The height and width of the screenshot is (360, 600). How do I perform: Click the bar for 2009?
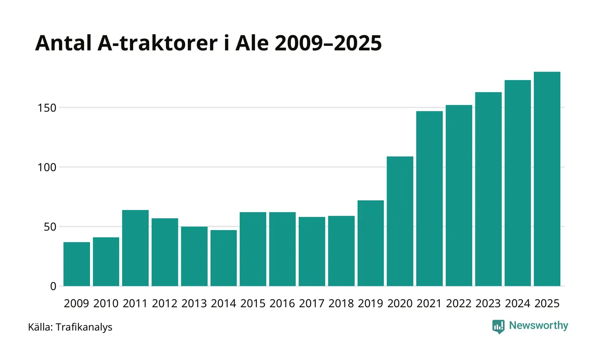pos(77,264)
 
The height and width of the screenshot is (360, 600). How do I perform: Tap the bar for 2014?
pos(224,258)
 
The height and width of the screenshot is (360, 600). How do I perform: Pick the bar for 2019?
pos(371,243)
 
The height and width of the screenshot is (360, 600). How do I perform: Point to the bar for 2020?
pos(400,221)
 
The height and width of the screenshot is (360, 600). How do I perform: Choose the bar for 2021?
pos(429,198)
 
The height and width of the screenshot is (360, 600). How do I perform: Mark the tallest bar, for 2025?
pos(547,179)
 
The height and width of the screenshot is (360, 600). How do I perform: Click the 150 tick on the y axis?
pos(47,108)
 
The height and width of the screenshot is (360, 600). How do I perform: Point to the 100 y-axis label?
pos(47,167)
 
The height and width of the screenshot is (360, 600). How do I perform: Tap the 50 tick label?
pos(50,227)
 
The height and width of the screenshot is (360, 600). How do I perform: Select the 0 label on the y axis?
pos(53,286)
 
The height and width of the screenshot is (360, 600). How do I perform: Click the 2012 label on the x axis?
pos(165,303)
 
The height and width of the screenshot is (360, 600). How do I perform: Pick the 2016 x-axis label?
pos(282,303)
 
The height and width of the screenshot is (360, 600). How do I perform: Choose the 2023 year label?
pos(488,303)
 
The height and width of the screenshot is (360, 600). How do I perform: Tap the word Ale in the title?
pos(255,43)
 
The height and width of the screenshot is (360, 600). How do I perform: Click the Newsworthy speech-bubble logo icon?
pos(498,327)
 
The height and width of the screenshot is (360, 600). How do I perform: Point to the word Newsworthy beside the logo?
pos(539,326)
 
